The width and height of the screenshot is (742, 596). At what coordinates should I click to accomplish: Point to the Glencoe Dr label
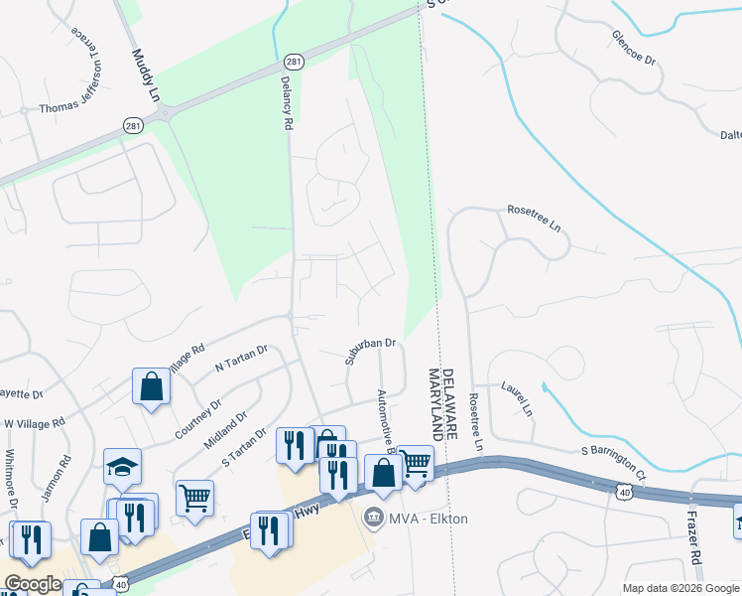click(x=636, y=47)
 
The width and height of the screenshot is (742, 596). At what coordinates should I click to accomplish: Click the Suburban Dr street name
click(x=370, y=352)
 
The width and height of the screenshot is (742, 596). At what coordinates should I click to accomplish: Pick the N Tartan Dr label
click(x=242, y=360)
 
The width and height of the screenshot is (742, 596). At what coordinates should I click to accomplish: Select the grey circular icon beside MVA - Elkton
click(x=373, y=517)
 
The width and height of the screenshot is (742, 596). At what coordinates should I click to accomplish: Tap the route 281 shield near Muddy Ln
click(x=134, y=125)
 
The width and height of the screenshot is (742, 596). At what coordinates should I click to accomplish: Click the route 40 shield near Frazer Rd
click(x=623, y=491)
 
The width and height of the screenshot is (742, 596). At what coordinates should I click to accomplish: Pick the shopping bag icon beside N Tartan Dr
click(x=151, y=386)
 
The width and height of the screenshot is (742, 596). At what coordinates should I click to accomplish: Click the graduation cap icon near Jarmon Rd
click(x=122, y=466)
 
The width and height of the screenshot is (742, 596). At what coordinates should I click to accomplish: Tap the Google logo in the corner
click(x=33, y=584)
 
